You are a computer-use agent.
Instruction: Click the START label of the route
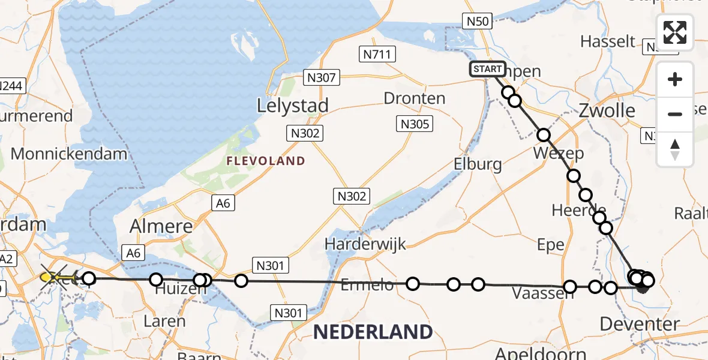click(487, 69)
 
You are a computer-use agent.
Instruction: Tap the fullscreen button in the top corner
click(675, 32)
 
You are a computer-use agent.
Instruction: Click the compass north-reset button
click(675, 149)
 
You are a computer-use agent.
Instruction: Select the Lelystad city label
click(293, 106)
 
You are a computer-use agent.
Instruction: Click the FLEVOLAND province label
click(266, 161)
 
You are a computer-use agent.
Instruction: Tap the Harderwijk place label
click(365, 244)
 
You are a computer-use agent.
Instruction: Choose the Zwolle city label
click(607, 110)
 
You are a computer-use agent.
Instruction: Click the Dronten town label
click(415, 98)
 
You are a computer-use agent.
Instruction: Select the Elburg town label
click(478, 164)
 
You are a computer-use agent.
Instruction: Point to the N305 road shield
click(415, 124)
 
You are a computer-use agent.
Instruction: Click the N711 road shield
click(377, 55)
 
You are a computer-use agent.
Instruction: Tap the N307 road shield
click(322, 77)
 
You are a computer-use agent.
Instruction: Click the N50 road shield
click(479, 22)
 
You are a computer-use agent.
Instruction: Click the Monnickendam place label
click(69, 154)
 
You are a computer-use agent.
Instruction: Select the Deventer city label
click(640, 325)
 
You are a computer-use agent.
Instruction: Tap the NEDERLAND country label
click(373, 331)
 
